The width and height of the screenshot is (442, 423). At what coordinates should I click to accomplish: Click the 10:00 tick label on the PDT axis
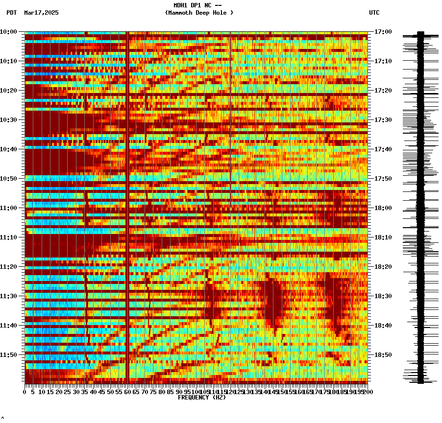point(8,32)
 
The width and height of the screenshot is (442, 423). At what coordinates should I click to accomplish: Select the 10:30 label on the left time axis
point(8,120)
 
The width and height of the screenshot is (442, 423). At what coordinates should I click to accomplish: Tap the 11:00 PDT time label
point(8,208)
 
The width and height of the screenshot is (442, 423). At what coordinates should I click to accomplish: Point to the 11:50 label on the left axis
point(8,355)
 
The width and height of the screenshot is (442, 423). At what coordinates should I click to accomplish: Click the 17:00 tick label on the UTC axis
point(383,32)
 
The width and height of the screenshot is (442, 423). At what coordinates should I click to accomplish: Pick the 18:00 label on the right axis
point(383,208)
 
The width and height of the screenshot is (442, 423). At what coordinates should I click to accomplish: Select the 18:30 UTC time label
point(383,296)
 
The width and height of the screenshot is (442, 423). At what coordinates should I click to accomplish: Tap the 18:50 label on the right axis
point(383,355)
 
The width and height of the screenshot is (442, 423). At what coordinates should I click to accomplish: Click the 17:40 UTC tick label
point(383,149)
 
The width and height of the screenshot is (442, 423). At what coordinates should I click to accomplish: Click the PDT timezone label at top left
point(11,13)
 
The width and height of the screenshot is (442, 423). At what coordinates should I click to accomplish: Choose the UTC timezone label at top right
point(374,13)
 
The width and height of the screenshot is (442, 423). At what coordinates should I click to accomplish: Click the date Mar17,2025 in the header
point(41,13)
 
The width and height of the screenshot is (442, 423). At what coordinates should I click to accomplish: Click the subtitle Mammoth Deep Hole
point(199,13)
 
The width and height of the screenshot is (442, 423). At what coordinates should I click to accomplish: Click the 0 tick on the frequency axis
point(25,392)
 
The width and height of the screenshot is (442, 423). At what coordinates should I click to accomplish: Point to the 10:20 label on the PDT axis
point(8,91)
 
